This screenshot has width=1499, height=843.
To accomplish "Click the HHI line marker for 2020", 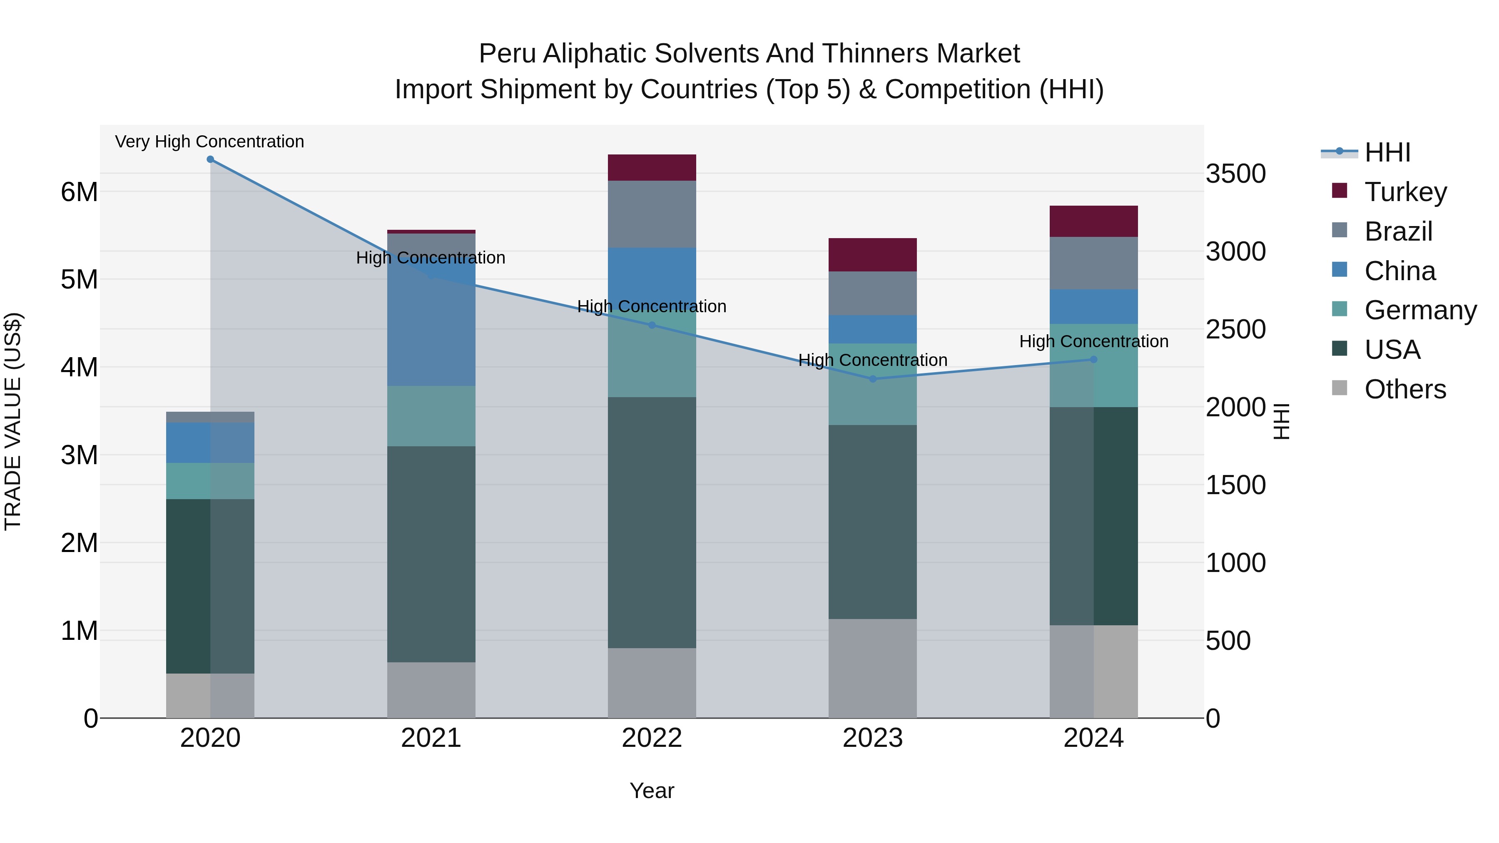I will click(x=210, y=159).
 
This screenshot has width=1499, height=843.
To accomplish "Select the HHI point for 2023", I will click(x=872, y=379).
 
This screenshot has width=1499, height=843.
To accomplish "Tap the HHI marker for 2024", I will click(x=1093, y=360).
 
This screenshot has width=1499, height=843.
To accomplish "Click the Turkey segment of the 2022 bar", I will click(x=652, y=167).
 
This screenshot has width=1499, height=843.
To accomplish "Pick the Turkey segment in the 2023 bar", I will click(x=872, y=255).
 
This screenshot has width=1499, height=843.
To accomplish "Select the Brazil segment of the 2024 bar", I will click(x=1093, y=263).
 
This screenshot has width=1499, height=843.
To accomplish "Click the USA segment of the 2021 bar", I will click(x=431, y=554).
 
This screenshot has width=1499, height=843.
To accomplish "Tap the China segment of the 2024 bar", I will click(x=1093, y=306).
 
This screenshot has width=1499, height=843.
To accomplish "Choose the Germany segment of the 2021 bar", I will click(x=431, y=416).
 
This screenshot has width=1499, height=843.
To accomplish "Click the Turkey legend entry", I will click(x=1405, y=192).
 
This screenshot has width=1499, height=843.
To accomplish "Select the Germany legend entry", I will click(x=1420, y=310).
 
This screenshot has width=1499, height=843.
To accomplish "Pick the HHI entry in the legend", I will click(x=1387, y=152).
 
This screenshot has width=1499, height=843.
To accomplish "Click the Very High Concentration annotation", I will click(x=209, y=142).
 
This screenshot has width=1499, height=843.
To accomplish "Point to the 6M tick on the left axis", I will click(x=79, y=192).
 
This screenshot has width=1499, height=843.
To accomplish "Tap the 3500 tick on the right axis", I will click(x=1235, y=174).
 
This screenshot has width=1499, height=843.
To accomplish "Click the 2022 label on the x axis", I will click(x=652, y=738).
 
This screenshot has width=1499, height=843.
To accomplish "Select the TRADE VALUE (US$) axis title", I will click(x=13, y=421).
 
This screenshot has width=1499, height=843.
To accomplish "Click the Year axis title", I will click(x=652, y=791).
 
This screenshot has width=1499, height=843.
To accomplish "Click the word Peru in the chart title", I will click(x=507, y=54).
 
